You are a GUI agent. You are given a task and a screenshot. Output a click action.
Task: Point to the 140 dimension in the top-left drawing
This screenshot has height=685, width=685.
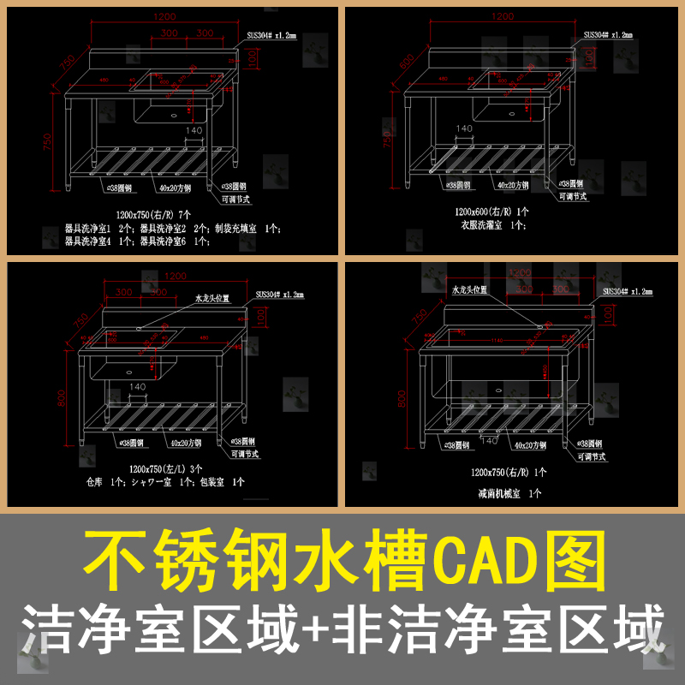coord(194,130)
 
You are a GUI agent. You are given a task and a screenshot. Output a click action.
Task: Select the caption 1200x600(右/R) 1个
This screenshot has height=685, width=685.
coord(491,211)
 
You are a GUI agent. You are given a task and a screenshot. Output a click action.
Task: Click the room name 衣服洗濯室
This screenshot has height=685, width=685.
coord(485,225)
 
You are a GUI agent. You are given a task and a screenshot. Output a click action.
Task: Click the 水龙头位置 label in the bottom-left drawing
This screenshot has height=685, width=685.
coord(213,299)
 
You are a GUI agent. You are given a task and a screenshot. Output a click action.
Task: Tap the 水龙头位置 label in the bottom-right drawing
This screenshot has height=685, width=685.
coord(469,290)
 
